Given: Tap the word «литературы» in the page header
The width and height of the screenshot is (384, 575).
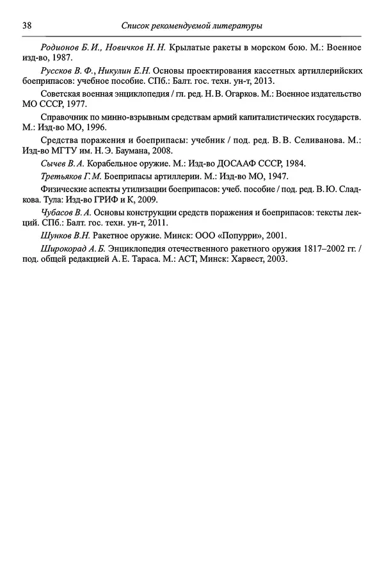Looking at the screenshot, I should pos(236,26).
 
